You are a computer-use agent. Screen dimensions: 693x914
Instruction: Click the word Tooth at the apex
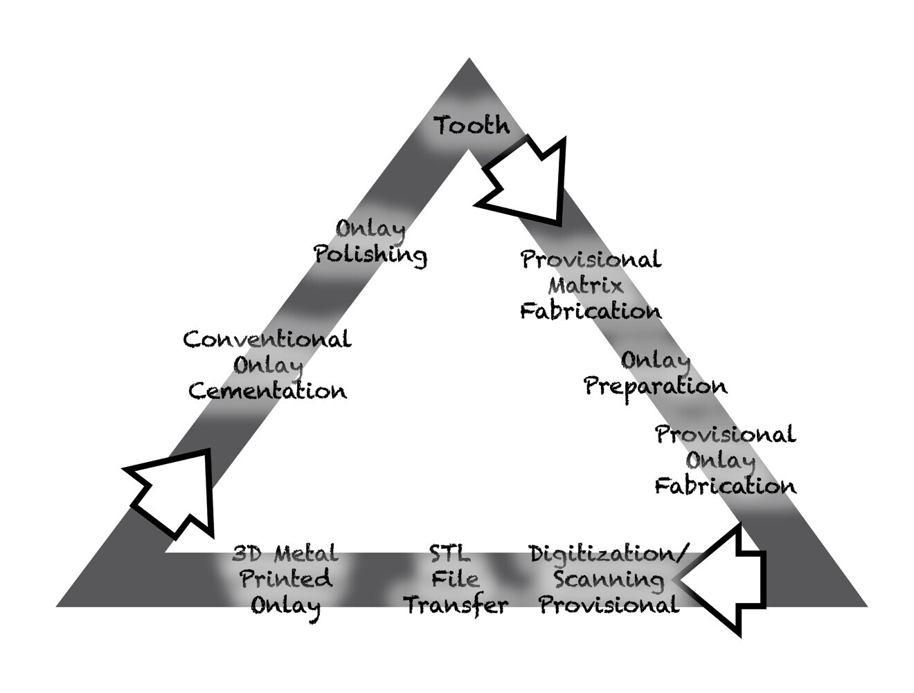(x=472, y=126)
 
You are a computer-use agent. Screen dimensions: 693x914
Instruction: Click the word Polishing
(x=370, y=255)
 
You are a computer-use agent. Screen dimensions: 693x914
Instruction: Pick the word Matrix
(x=586, y=285)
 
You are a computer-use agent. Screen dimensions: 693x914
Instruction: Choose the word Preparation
(x=655, y=386)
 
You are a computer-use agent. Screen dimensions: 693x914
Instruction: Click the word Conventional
(x=267, y=340)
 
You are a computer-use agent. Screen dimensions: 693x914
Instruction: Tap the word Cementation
(x=267, y=391)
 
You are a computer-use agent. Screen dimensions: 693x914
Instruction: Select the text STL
(x=449, y=553)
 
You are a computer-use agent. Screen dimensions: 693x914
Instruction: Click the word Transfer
(x=456, y=606)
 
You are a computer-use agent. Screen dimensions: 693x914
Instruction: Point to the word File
(x=455, y=580)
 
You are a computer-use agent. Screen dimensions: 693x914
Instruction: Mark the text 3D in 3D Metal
(x=247, y=553)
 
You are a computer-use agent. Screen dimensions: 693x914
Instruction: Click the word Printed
(x=286, y=580)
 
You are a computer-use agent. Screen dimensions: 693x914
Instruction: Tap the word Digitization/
(x=609, y=553)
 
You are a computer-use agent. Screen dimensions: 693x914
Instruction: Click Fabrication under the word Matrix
(x=591, y=311)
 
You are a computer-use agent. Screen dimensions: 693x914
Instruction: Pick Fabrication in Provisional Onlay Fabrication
(x=725, y=486)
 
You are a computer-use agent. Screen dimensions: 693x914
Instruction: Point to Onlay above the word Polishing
(x=370, y=228)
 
